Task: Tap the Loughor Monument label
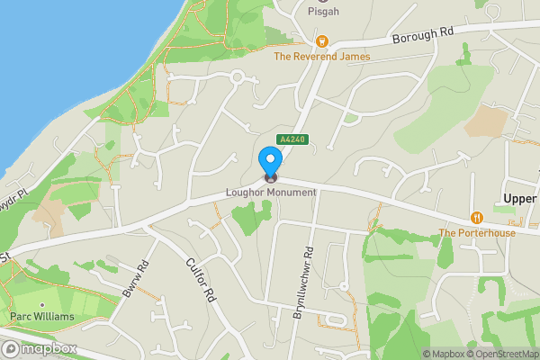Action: point(271,192)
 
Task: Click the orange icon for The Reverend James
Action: point(321,40)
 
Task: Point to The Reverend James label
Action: point(321,57)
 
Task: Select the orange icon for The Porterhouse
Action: point(477,218)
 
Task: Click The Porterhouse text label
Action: point(477,233)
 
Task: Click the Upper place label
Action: point(519,198)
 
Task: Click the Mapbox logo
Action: point(39,348)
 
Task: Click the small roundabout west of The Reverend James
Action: point(238,77)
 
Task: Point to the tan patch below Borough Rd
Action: point(489,120)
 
